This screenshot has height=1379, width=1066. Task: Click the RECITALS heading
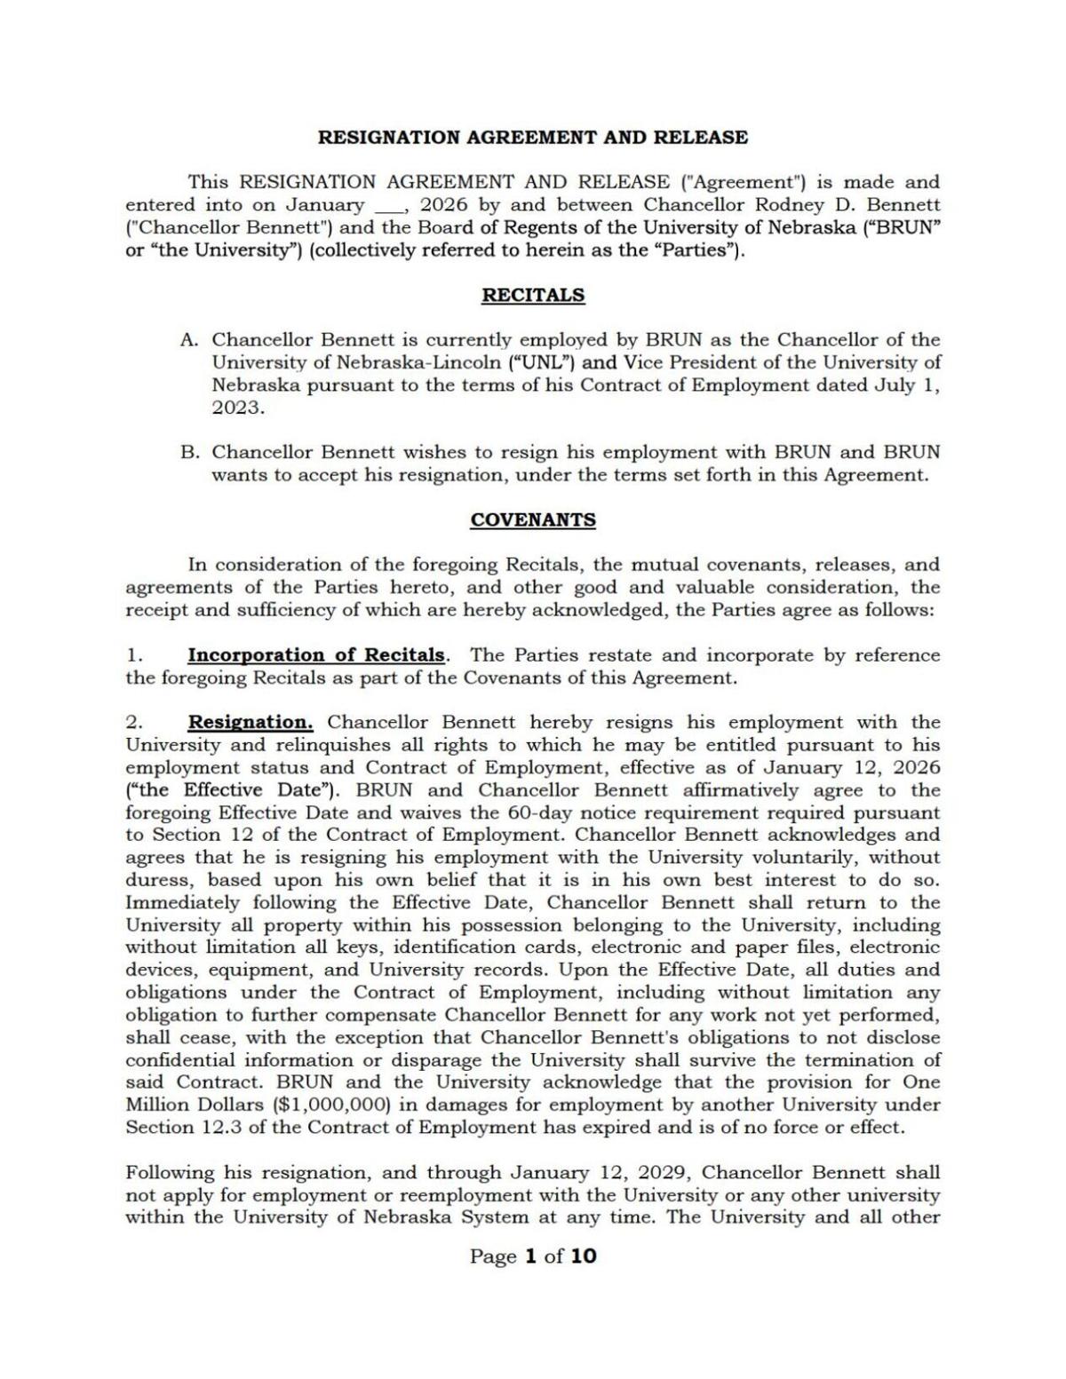tap(533, 295)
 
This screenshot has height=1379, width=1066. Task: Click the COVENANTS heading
tap(533, 519)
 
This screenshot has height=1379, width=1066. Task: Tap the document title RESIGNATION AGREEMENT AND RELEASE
tap(533, 138)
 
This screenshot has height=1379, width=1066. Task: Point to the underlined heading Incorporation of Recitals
tap(316, 655)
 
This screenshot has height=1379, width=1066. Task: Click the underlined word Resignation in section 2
tap(250, 723)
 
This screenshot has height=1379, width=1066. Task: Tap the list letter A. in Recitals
tap(189, 340)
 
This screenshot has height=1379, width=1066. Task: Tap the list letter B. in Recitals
tap(189, 452)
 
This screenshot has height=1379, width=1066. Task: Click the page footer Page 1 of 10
tap(533, 1256)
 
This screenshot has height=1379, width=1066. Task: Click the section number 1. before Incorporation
tap(133, 655)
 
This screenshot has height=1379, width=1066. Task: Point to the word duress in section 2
tap(156, 880)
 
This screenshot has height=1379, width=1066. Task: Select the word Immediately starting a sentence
tap(182, 903)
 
